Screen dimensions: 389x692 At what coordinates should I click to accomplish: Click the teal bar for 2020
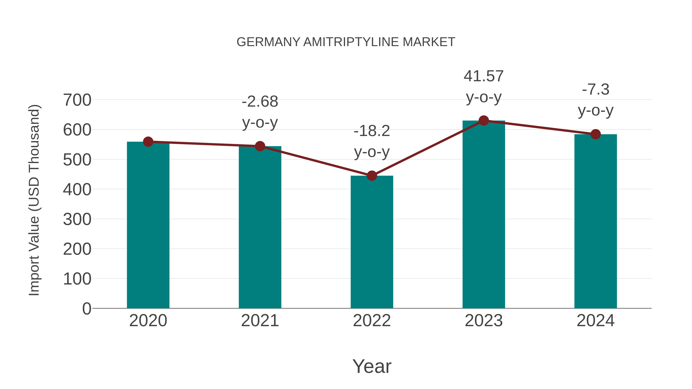tap(148, 226)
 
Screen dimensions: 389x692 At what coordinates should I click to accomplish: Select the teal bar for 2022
tap(372, 242)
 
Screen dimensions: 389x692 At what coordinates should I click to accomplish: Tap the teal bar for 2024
tap(596, 221)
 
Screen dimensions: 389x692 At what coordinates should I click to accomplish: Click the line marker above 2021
tap(260, 146)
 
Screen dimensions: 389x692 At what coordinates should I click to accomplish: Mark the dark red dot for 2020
tap(148, 142)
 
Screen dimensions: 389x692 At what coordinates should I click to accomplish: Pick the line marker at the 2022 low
tap(372, 176)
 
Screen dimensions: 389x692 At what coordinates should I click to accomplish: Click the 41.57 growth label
tap(484, 76)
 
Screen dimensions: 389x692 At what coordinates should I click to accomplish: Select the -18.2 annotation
tap(372, 131)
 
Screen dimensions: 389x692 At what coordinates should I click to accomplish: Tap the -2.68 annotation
tap(260, 102)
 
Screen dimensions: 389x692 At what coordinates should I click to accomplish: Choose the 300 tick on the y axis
tap(77, 220)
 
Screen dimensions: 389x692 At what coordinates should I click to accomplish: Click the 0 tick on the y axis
tap(86, 309)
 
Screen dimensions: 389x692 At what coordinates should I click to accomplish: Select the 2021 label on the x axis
tap(260, 321)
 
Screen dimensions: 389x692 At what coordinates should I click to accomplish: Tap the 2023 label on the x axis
tap(484, 321)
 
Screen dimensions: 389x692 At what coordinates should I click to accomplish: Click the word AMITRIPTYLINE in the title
tap(351, 42)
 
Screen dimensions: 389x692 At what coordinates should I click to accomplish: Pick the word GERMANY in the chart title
tap(268, 42)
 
